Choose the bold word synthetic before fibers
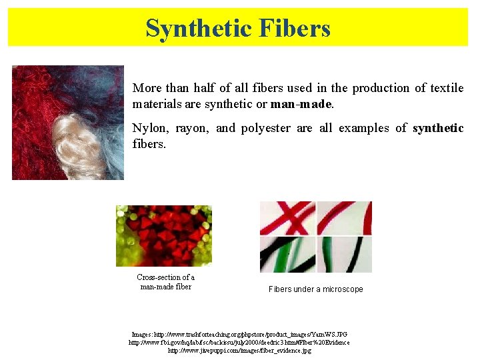438,128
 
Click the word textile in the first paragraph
447,88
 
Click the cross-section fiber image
163,235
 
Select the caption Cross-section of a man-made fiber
165,282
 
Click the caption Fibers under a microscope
315,289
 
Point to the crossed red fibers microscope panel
287,218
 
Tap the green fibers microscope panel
344,254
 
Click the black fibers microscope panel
287,254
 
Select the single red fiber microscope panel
344,218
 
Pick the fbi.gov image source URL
239,342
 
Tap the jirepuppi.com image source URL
239,350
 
